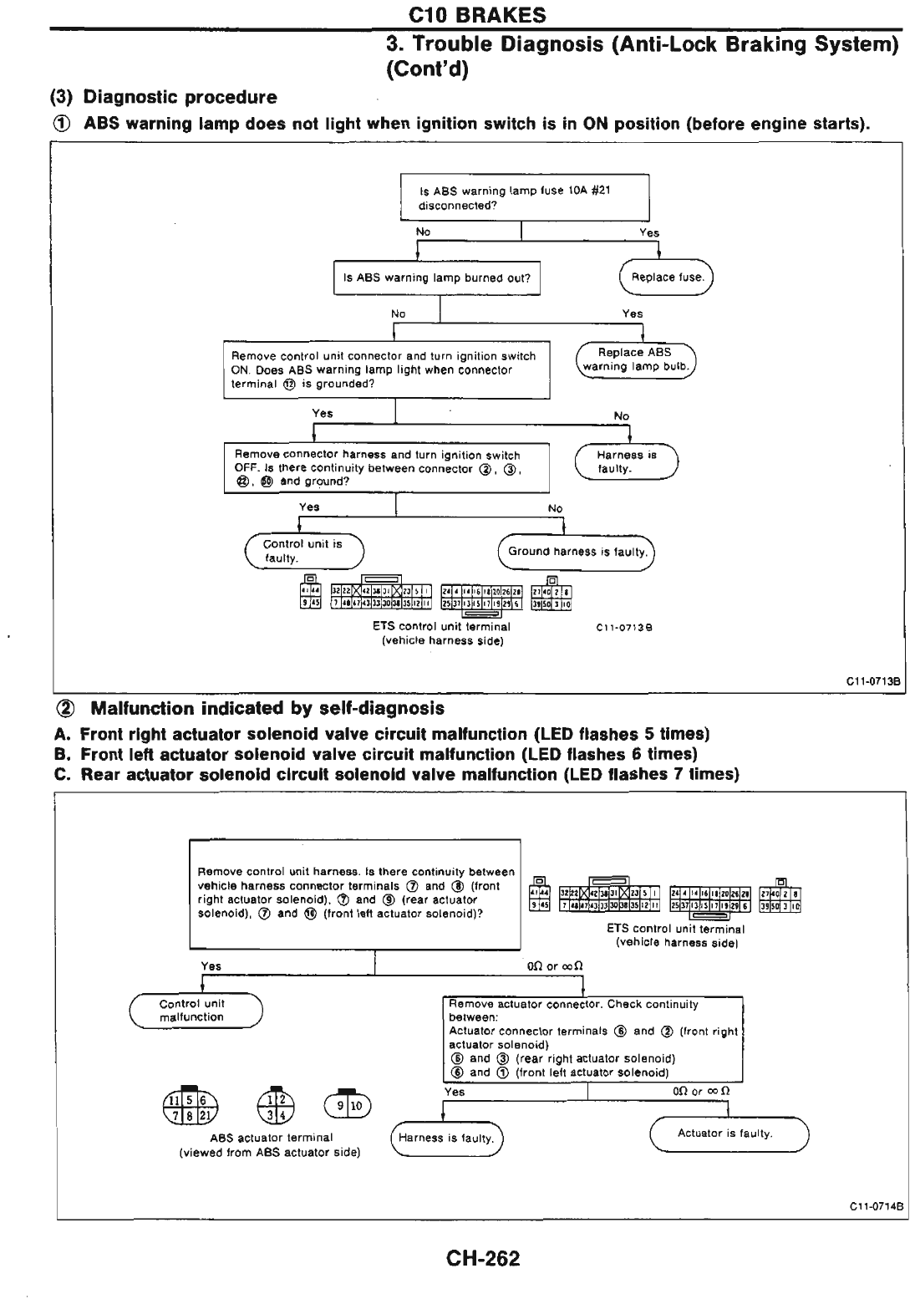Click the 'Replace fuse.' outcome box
coord(667,278)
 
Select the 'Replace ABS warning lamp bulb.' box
coord(635,359)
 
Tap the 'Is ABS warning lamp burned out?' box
coord(436,278)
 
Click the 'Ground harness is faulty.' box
coord(577,552)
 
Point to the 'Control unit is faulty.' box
coord(303,550)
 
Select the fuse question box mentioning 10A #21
coord(524,197)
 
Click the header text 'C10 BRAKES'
coord(478,15)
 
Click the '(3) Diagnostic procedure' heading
coord(165,97)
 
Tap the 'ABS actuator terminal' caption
coord(271,1138)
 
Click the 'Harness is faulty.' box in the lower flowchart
coord(446,1138)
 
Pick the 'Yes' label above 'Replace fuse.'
coord(649,233)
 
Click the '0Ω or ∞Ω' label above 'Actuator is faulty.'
coord(700,1092)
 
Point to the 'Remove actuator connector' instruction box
coord(592,1038)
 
